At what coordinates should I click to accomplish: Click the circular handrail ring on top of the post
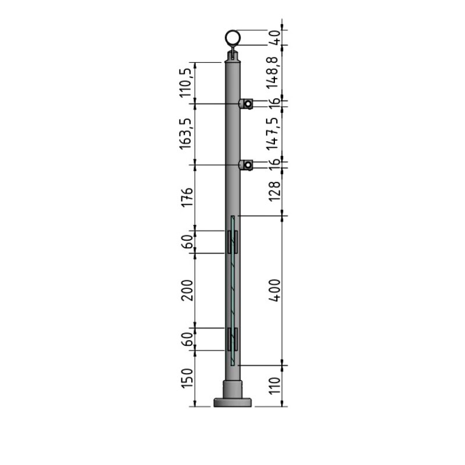click(233, 38)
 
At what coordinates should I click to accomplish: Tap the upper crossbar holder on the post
click(246, 104)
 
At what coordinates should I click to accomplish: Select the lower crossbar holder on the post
click(246, 166)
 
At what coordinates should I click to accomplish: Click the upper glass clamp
click(233, 242)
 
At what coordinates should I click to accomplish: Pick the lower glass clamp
click(233, 339)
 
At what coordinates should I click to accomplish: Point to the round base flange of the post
click(233, 402)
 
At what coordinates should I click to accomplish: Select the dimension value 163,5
click(186, 134)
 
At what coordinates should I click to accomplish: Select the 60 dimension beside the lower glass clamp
click(186, 339)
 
